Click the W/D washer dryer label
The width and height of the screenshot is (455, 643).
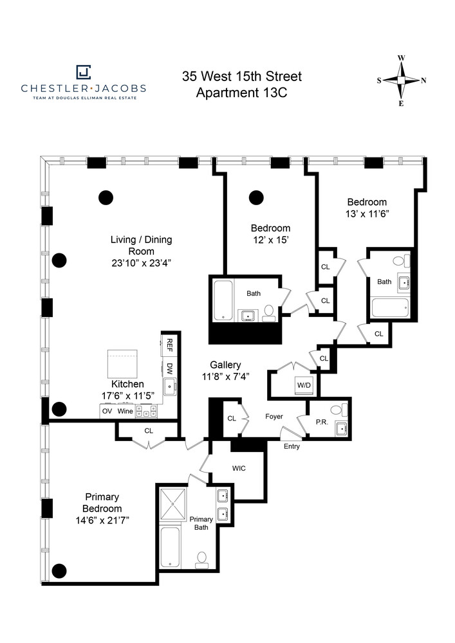click(x=304, y=385)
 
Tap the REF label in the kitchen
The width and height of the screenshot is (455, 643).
click(x=169, y=345)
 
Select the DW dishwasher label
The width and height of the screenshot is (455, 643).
click(x=169, y=368)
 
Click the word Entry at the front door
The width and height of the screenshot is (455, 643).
click(x=292, y=446)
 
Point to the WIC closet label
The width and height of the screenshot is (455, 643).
click(x=239, y=468)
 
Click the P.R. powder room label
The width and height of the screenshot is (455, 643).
click(x=322, y=422)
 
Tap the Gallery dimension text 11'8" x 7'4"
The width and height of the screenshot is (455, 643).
click(x=226, y=376)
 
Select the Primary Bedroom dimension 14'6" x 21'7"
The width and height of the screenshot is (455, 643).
click(x=102, y=520)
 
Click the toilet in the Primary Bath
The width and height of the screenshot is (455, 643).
click(x=201, y=560)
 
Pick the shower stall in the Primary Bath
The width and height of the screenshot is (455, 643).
click(x=172, y=503)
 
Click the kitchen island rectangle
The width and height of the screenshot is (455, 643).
click(x=122, y=364)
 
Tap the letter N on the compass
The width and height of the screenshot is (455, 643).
click(x=424, y=80)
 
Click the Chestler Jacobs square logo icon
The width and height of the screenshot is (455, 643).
click(x=83, y=72)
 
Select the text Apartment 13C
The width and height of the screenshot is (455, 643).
click(x=241, y=93)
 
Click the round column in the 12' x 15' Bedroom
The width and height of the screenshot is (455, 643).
click(x=256, y=197)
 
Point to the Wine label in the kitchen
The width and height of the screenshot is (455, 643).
click(x=125, y=411)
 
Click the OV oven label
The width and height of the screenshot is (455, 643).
click(x=107, y=411)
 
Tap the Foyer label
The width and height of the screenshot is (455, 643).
click(x=274, y=416)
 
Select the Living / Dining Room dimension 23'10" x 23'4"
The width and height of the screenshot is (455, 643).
click(x=141, y=263)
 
